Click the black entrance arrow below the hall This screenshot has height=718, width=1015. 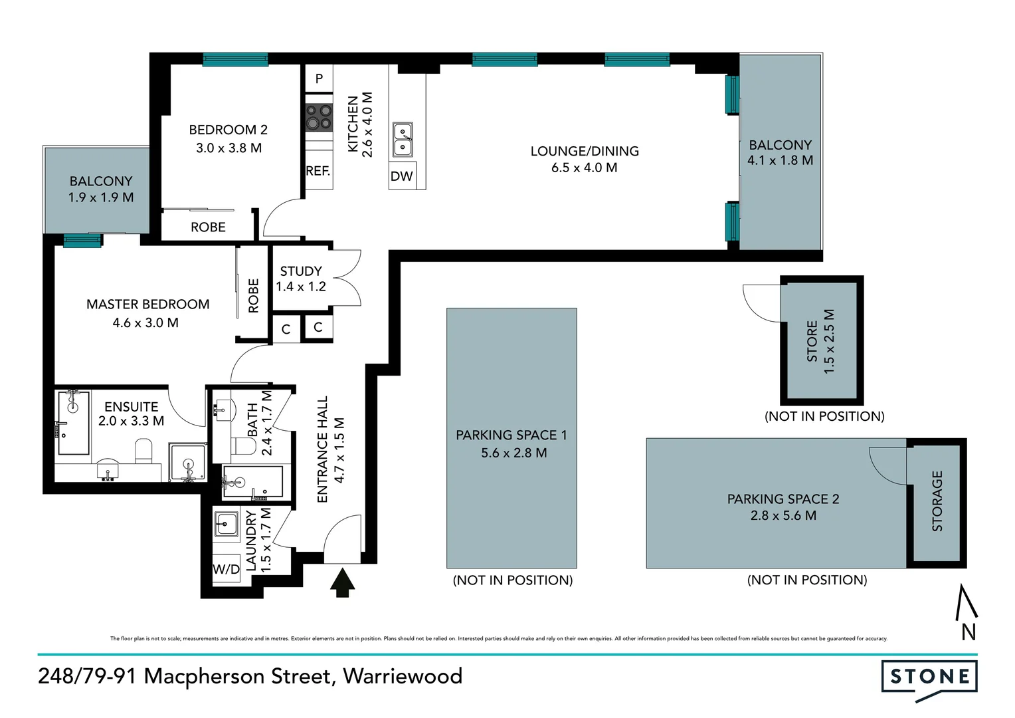[342, 582]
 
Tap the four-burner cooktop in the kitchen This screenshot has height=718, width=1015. [318, 117]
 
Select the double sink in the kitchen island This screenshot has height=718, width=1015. [402, 139]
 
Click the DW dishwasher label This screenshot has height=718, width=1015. [401, 176]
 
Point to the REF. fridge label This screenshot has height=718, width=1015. [318, 171]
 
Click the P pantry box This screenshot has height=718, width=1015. [319, 78]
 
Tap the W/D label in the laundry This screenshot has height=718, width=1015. [226, 569]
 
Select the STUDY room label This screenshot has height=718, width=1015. [301, 271]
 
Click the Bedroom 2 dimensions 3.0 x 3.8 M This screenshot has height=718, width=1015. [229, 148]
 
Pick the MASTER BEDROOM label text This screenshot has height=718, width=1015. [147, 304]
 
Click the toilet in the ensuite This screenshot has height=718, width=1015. [143, 453]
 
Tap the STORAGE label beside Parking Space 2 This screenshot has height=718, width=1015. [937, 501]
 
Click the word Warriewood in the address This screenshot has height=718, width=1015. [403, 676]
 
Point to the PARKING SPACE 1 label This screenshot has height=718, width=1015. [511, 435]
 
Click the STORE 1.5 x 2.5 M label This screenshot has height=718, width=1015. [820, 341]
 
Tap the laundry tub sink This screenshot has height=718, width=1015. [227, 524]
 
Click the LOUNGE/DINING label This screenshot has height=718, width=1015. [585, 152]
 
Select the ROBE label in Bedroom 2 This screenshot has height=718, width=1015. [208, 227]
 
